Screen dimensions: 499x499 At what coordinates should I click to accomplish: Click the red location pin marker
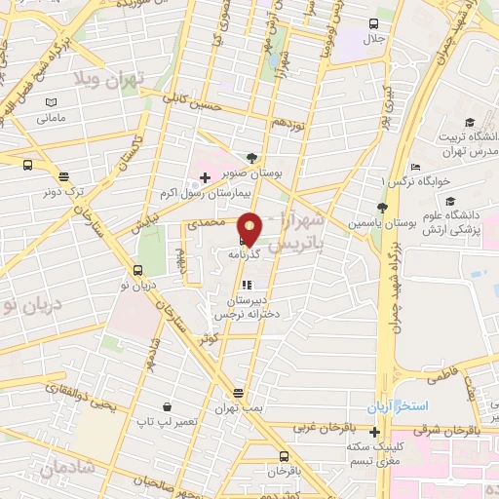tap(249, 228)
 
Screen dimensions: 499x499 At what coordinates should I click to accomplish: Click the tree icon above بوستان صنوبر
tap(252, 157)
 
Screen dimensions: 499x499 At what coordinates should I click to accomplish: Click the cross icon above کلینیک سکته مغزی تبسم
tap(374, 432)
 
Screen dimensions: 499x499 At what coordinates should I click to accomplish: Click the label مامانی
tap(51, 118)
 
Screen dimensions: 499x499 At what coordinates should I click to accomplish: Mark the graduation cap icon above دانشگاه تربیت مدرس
tap(470, 122)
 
